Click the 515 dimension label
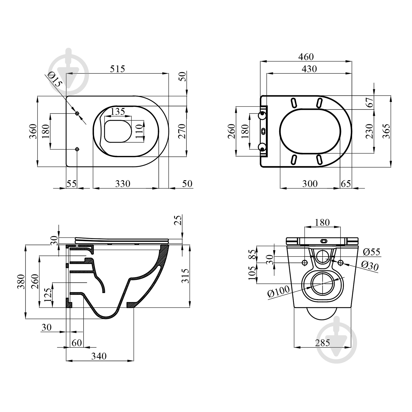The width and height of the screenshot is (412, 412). click(117, 69)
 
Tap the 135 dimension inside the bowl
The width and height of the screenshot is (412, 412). click(118, 112)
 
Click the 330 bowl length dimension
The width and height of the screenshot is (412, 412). click(123, 183)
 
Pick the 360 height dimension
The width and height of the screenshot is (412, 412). click(33, 131)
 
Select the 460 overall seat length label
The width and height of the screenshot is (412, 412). click(306, 57)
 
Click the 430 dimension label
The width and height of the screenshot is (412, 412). click(309, 69)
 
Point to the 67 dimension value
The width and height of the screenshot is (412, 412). click(370, 102)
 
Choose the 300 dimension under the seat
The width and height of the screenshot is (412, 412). click(310, 183)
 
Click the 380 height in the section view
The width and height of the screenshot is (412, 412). click(21, 282)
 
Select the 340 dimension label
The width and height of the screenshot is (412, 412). click(99, 356)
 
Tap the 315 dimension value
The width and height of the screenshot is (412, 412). click(185, 276)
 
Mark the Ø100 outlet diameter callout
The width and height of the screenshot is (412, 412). click(279, 291)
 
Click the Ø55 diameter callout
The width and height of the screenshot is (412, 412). click(371, 252)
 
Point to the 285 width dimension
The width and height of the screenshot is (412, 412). click(322, 343)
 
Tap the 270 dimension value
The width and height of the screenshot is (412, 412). click(182, 131)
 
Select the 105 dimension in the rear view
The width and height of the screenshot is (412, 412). click(252, 273)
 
